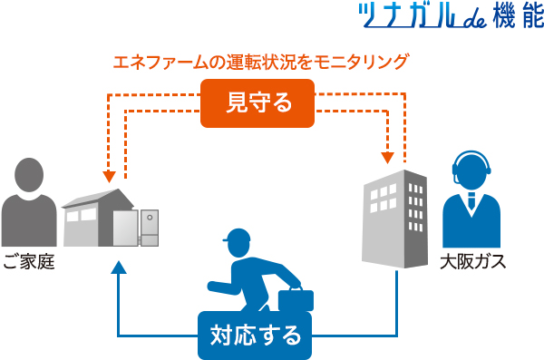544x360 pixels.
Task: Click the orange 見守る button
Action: (x=257, y=102)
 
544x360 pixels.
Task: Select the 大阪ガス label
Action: (x=472, y=264)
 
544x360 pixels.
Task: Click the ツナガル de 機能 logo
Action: (x=448, y=19)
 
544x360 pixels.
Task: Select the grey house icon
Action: (x=95, y=218)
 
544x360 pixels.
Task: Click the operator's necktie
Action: (x=471, y=204)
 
